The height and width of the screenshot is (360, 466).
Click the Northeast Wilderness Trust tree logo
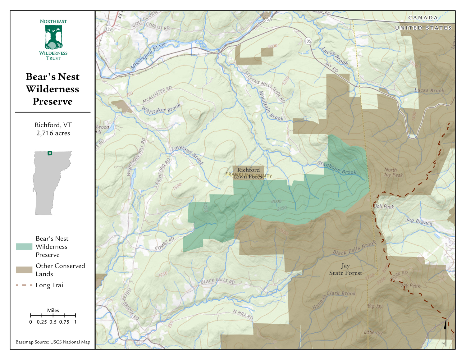[53, 37]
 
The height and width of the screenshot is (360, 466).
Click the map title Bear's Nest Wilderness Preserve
[53, 89]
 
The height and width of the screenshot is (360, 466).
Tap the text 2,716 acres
[53, 133]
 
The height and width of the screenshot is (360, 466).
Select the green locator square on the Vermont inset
[50, 153]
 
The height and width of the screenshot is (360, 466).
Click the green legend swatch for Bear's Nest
[24, 247]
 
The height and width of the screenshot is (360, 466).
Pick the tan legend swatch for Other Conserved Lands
[24, 270]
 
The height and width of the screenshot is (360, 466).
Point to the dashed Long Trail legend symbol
[24, 285]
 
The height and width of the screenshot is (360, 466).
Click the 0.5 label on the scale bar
[53, 322]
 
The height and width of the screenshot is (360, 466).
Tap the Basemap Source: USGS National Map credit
[53, 342]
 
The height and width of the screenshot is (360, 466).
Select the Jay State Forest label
[345, 270]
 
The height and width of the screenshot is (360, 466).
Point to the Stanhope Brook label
[337, 168]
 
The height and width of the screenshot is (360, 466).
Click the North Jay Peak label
[393, 172]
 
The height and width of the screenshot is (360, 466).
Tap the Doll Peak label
[384, 206]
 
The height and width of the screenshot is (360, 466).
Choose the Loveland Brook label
[187, 155]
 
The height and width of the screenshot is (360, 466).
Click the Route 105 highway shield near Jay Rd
[308, 41]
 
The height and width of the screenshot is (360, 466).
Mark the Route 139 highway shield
[108, 29]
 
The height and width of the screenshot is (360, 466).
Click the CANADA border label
[423, 18]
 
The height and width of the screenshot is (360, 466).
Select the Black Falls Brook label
[354, 248]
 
